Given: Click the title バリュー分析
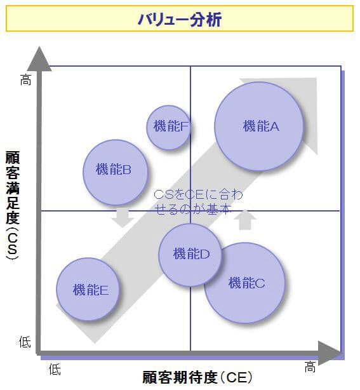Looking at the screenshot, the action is pos(180,20).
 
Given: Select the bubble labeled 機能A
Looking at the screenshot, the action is pos(259,126).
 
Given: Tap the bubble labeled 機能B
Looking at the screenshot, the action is pos(116,172).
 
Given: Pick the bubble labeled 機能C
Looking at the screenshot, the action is pos(244,283).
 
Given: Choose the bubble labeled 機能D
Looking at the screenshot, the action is pos(190,255).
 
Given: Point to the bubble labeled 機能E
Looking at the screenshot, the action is pos(88,289).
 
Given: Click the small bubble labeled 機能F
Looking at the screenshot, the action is pos(169,127).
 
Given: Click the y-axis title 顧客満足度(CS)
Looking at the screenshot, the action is pos(13,206).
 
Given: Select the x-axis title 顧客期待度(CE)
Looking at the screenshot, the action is pos(197,377).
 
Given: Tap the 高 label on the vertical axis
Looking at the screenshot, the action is pos(25,80).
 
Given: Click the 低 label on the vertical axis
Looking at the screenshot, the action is pos(25,342).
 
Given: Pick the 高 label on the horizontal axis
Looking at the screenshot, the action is pos(310,366).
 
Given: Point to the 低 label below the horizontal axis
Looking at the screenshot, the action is pos(55,369).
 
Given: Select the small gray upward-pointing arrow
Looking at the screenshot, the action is pos(245,220).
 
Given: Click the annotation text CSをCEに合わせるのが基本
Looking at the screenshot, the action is pos(198,202).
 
